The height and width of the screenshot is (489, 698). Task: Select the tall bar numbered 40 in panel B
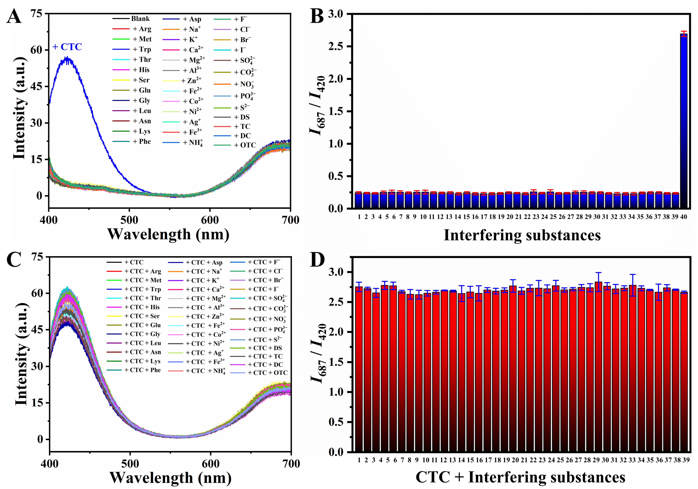tap(684, 121)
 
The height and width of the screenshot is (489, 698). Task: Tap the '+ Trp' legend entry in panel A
tap(132, 49)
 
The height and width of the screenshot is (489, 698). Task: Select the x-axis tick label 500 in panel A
tap(129, 220)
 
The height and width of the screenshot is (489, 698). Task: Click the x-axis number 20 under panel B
tap(510, 217)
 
